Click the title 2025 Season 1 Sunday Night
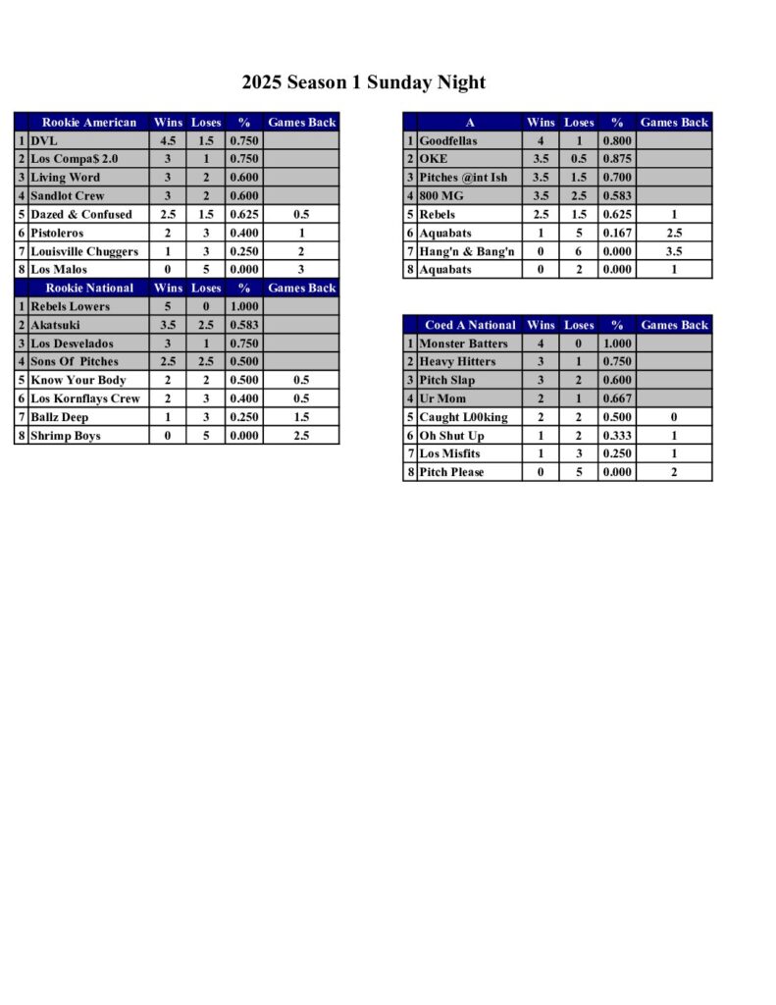click(x=364, y=82)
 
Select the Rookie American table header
click(x=88, y=123)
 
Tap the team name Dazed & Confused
click(x=80, y=214)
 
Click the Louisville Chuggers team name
click(x=84, y=251)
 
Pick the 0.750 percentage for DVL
click(x=244, y=141)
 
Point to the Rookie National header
click(x=88, y=288)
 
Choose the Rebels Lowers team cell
click(x=70, y=306)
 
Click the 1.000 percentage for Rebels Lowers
click(x=244, y=306)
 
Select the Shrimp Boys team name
click(x=66, y=436)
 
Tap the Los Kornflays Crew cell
click(x=85, y=398)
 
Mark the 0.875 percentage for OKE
click(x=617, y=159)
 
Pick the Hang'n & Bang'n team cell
click(x=467, y=251)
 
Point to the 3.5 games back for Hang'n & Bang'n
click(x=674, y=251)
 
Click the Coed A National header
click(x=470, y=325)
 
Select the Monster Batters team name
click(x=463, y=344)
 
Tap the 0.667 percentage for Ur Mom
click(x=617, y=398)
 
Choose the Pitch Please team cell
click(x=452, y=472)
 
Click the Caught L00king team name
click(x=463, y=417)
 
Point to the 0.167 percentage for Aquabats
click(x=617, y=233)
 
